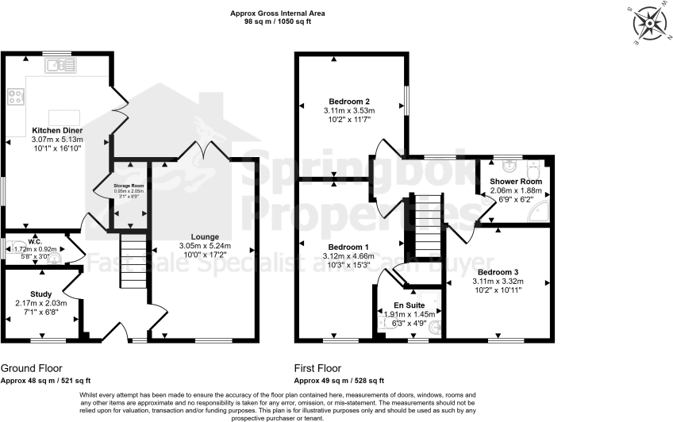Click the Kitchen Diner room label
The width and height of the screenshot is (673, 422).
click(57, 130)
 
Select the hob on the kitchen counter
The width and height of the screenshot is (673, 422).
click(15, 97)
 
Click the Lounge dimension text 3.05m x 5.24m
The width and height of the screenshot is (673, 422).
click(203, 246)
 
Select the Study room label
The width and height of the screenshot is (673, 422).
click(41, 293)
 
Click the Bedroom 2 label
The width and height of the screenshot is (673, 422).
click(349, 102)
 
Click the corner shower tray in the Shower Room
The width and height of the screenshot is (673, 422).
click(540, 210)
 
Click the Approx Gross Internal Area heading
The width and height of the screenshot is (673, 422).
click(277, 13)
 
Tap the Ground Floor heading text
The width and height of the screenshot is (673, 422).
click(31, 369)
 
